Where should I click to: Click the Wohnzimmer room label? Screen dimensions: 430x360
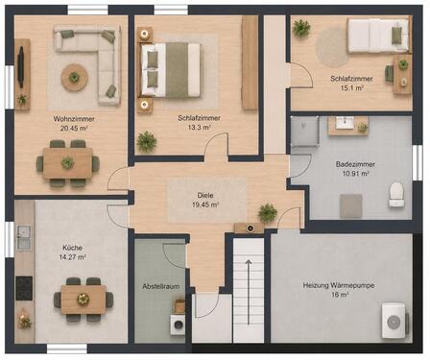point(74,119)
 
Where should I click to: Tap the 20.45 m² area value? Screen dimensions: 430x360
point(74,129)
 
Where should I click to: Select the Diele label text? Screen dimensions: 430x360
point(205,195)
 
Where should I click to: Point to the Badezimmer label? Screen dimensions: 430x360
point(355,164)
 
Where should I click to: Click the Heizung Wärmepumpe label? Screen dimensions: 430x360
point(339,285)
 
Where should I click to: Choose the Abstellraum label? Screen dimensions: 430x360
point(161,286)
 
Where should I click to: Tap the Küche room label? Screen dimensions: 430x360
point(72,248)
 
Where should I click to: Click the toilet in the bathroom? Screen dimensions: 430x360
point(396,195)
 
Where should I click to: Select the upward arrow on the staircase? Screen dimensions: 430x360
point(249,292)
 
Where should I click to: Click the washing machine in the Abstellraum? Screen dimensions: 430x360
point(178,324)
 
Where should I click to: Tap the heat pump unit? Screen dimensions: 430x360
point(394,321)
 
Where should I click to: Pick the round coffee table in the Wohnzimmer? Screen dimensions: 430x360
point(75,78)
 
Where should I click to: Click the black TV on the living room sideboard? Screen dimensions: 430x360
point(21,67)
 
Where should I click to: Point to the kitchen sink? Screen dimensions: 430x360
point(23,237)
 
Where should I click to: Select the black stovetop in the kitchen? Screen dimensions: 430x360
point(24,288)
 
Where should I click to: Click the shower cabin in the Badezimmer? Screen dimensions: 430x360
point(305,132)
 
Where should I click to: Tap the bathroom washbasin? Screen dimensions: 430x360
point(345,123)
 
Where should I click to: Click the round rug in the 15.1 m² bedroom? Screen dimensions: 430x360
point(332,47)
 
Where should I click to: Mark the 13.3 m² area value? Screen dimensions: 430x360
point(199,128)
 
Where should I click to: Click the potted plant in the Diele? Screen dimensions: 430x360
point(268,213)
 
